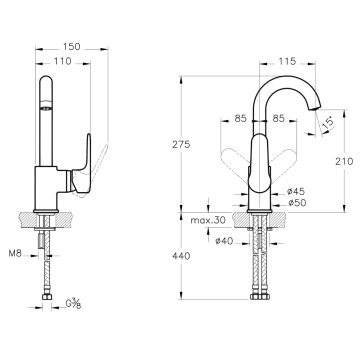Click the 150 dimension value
tap(72, 47)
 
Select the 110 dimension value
tap(63, 61)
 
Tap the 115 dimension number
tap(287, 61)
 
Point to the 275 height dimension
tap(181, 144)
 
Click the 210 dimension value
tap(344, 161)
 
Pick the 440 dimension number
tap(181, 256)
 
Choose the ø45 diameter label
tap(296, 191)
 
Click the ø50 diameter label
tap(297, 202)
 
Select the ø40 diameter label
tap(224, 241)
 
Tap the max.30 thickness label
tap(208, 220)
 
